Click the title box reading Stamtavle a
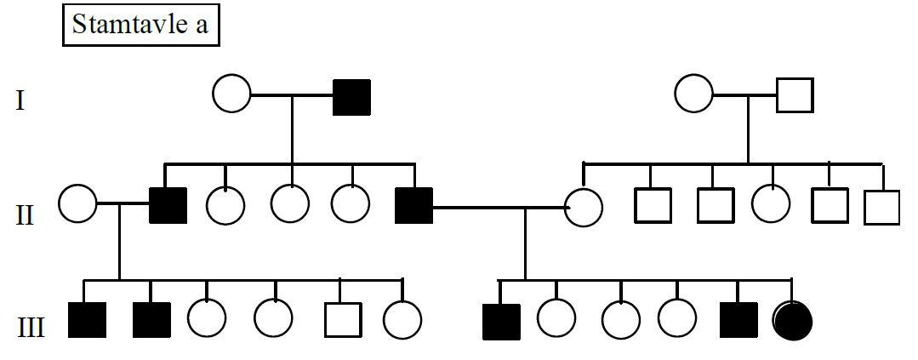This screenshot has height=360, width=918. pyautogui.click(x=140, y=25)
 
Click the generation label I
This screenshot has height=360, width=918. pyautogui.click(x=20, y=101)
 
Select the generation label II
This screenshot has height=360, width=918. pyautogui.click(x=26, y=214)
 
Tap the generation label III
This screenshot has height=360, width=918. pyautogui.click(x=31, y=327)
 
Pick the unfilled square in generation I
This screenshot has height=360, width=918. pyautogui.click(x=795, y=94)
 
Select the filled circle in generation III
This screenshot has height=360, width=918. pyautogui.click(x=793, y=320)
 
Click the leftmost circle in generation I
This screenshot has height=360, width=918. pyautogui.click(x=231, y=93)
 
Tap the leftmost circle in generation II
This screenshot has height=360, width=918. pyautogui.click(x=77, y=205)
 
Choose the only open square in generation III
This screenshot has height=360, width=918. pyautogui.click(x=342, y=319)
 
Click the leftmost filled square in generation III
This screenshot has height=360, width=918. pyautogui.click(x=88, y=319)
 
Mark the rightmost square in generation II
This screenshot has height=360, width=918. pyautogui.click(x=881, y=207)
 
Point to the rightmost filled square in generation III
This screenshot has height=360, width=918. pyautogui.click(x=738, y=319)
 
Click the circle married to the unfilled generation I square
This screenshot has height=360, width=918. pyautogui.click(x=693, y=93)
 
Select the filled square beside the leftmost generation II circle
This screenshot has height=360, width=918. pyautogui.click(x=168, y=205)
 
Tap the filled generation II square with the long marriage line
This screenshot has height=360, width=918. pyautogui.click(x=413, y=205)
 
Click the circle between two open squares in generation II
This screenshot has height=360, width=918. pyautogui.click(x=771, y=204)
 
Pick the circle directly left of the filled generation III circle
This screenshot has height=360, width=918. pyautogui.click(x=677, y=319)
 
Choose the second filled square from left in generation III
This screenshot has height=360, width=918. pyautogui.click(x=151, y=319)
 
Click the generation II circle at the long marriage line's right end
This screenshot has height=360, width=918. pyautogui.click(x=584, y=207)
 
